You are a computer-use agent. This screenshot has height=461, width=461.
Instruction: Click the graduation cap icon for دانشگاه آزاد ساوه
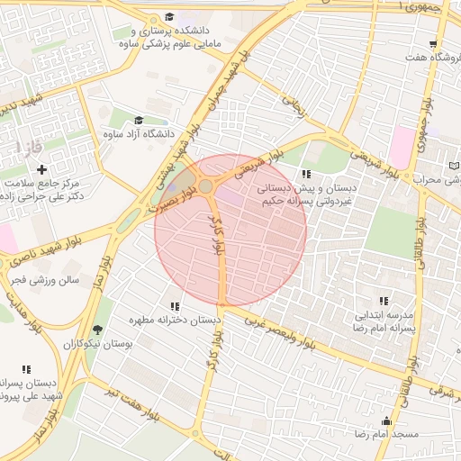(x=139, y=120)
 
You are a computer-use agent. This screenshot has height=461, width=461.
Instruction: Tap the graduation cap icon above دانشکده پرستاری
(x=170, y=17)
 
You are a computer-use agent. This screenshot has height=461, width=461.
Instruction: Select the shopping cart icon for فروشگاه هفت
(x=433, y=44)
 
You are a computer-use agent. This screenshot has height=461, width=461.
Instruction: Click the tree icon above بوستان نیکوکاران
(x=97, y=330)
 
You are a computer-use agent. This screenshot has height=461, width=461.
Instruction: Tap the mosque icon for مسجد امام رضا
(x=387, y=420)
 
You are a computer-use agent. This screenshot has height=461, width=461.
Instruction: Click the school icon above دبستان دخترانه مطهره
(x=175, y=306)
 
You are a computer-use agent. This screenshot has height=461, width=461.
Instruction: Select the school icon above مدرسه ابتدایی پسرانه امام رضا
(x=384, y=301)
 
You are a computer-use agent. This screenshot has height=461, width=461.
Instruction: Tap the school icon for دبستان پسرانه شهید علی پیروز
(x=26, y=369)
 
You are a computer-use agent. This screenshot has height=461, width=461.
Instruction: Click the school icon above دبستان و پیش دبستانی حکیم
(x=306, y=174)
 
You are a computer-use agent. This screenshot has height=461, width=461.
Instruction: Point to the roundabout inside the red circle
(x=206, y=185)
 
